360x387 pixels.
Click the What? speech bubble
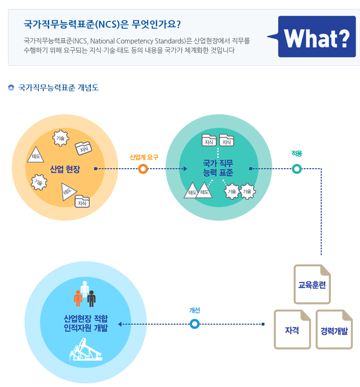[x=314, y=36]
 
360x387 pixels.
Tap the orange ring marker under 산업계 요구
[x=143, y=169]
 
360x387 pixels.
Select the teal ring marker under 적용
[x=297, y=169]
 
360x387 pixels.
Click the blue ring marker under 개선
[x=194, y=324]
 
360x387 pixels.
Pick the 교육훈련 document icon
[x=312, y=284]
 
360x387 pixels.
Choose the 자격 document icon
[x=292, y=329]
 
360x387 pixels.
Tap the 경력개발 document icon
[x=334, y=329]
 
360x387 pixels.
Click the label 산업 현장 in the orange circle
[x=65, y=169]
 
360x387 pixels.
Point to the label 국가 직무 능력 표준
[x=218, y=168]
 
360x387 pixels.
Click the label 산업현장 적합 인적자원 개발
[x=86, y=323]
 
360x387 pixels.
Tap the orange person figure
[x=78, y=298]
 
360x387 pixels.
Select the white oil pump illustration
[x=86, y=350]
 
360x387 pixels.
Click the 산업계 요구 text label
[x=144, y=157]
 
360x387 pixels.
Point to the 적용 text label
[x=297, y=154]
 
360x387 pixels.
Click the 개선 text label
[x=194, y=310]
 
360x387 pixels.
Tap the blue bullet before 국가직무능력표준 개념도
[x=11, y=87]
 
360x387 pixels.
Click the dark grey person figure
[x=91, y=299]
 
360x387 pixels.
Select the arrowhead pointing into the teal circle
[x=185, y=169]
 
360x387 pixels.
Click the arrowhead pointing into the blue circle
[x=120, y=324]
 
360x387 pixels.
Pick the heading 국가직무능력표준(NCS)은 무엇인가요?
[x=102, y=24]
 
